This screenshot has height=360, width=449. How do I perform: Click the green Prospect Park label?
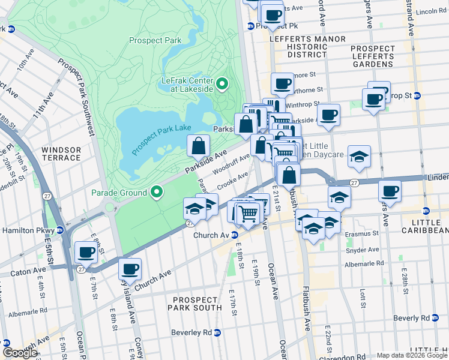pos(155,41)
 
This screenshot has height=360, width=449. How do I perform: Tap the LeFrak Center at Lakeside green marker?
pos(222,84)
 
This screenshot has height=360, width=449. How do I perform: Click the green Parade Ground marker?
pos(157,193)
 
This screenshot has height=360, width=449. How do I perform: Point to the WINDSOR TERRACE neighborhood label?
pos(61,154)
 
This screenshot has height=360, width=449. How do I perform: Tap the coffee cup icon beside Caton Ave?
pos(86,253)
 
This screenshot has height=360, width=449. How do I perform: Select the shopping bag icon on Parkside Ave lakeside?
pos(198,145)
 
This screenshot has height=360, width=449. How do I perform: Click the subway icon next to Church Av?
pos(236,235)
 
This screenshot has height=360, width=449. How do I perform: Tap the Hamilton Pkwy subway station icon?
pos(60,230)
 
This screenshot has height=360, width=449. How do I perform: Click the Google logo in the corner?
pos(20,353)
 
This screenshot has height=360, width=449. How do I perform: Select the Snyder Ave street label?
pos(365,250)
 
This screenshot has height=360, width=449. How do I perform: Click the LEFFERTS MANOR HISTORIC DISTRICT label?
pos(308,47)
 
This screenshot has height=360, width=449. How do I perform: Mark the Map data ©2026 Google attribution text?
pos(412,355)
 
